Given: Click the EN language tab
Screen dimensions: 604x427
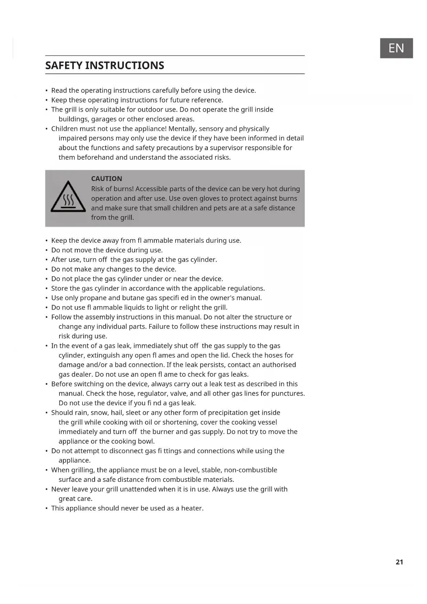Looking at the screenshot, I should [396, 48].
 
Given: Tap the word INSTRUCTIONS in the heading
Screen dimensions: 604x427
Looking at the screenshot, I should [125, 65].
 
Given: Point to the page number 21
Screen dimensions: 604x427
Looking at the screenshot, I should [399, 562].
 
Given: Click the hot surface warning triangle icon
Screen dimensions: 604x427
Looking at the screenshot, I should [68, 197].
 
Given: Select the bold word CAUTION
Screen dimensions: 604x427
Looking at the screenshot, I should [106, 179].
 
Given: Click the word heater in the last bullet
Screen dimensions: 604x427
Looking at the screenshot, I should [192, 508].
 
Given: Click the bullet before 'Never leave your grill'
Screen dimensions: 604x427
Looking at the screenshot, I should [46, 489].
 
